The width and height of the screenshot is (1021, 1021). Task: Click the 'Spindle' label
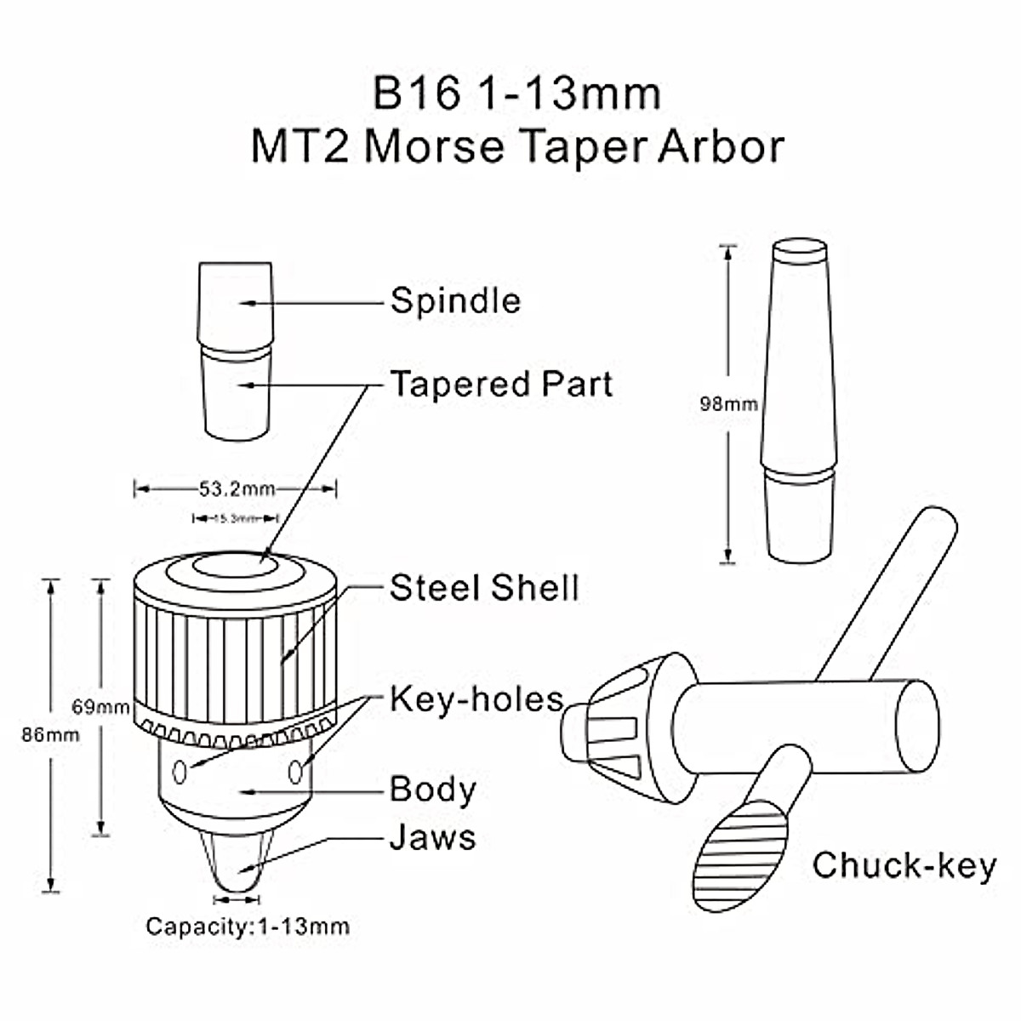pos(455,301)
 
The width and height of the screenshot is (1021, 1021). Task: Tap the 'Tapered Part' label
pos(501,385)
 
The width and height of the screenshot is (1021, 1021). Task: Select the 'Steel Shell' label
pos(484,588)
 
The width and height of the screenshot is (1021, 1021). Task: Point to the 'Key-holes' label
pos(476,699)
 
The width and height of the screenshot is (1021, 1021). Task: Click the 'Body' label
pos(432,790)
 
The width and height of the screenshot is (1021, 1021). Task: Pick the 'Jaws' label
pos(432,837)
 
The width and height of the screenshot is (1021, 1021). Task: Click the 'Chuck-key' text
pos(904,865)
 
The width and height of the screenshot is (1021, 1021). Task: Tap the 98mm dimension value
pos(728,404)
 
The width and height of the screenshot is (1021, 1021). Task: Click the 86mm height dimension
pos(50,734)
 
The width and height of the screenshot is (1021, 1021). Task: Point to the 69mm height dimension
pos(100,707)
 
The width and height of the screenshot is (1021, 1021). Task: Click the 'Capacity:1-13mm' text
pos(248,926)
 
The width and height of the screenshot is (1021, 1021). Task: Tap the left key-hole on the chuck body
pos(180,772)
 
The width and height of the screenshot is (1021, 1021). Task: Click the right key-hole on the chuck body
pos(295,772)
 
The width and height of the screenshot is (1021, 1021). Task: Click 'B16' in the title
pos(416,94)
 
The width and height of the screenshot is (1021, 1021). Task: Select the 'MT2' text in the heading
pos(301,147)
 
